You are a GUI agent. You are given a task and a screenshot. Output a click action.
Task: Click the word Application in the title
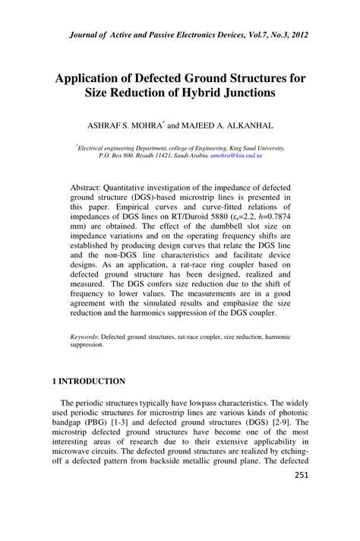click(x=92, y=77)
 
